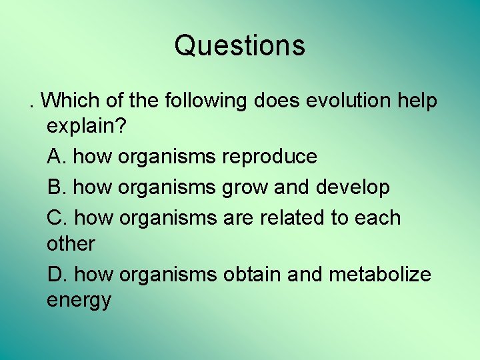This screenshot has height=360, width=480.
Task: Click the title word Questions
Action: click(x=239, y=46)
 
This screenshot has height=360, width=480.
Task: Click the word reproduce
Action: click(x=269, y=157)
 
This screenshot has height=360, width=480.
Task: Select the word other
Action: click(x=71, y=244)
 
